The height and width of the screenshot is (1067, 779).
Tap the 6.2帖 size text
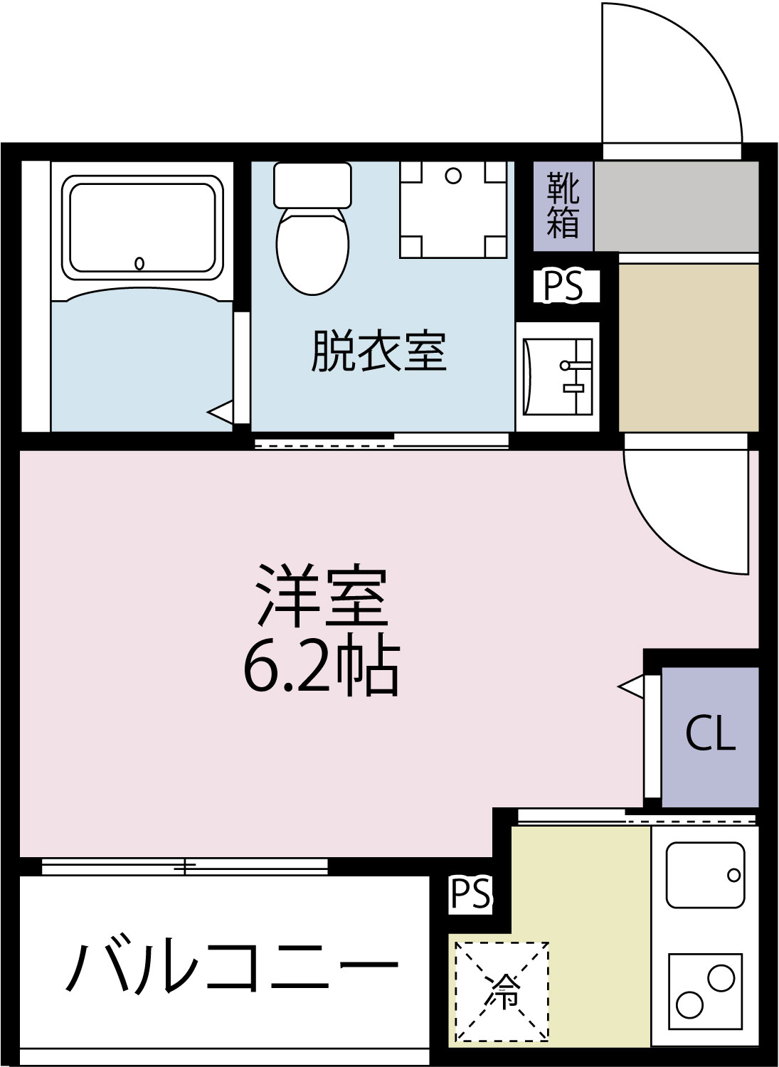point(322,669)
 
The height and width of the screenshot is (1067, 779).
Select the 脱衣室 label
point(378,351)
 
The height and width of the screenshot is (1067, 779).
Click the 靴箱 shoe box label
point(563,206)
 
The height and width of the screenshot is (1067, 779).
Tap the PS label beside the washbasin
point(563,286)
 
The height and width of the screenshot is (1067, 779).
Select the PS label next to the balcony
point(470,893)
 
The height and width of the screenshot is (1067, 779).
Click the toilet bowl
point(312,249)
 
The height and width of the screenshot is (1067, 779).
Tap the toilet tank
point(312,184)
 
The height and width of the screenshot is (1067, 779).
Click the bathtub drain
point(139,264)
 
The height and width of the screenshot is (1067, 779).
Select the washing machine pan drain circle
point(453,176)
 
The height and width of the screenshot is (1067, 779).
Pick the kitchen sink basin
point(705,875)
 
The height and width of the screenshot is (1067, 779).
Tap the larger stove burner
point(721,978)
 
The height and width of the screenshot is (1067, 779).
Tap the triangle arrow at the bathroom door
point(221,411)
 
